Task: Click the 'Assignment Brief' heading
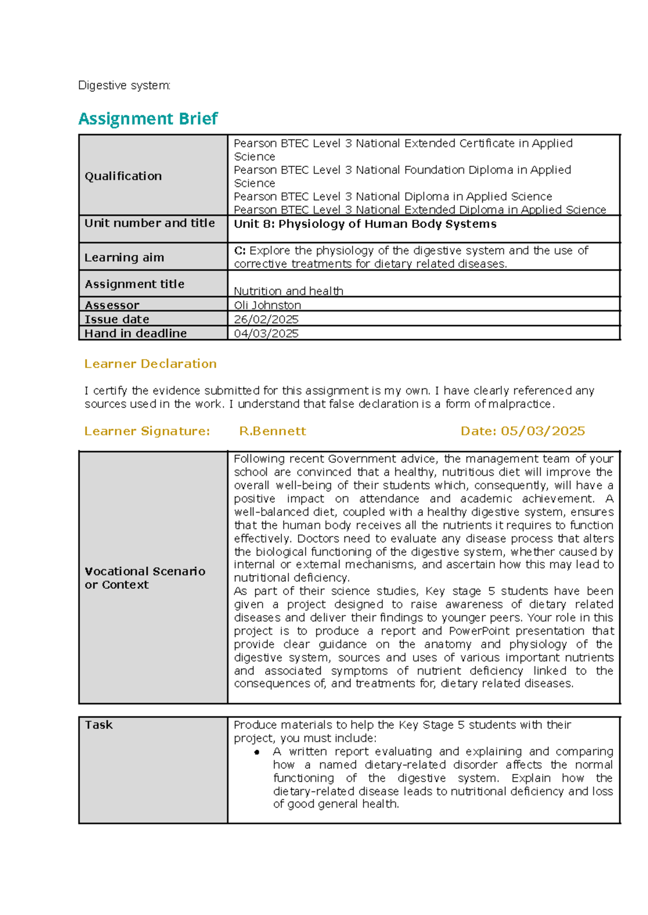pos(148,118)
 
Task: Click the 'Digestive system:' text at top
pos(124,85)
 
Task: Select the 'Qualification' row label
pos(123,176)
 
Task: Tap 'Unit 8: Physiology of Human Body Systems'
pos(365,224)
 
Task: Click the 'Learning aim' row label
pos(124,258)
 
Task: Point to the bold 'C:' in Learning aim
pos(240,251)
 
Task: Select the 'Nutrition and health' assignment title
pos(288,291)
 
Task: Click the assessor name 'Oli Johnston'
pos(267,305)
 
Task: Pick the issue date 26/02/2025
pos(266,319)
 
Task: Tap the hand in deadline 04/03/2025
pos(266,333)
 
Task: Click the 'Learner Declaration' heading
pos(150,364)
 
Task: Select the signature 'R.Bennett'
pos(272,431)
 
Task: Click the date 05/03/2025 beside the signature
pos(543,431)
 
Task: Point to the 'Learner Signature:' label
pos(147,431)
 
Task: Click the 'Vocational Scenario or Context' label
pos(145,578)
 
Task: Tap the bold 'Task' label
pos(99,725)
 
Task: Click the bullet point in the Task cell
pos(257,752)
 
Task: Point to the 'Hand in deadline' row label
pos(136,333)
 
